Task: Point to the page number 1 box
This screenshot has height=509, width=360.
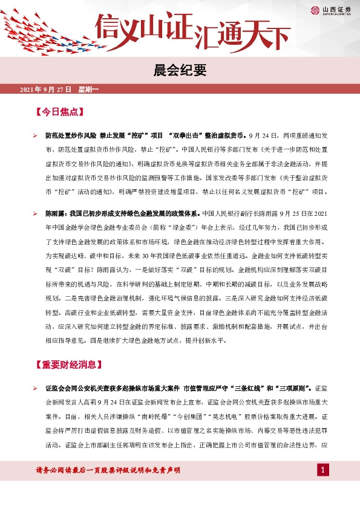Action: [323, 470]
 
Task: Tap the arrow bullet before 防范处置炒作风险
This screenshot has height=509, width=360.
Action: [35, 136]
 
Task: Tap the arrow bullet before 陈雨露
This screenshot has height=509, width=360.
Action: [35, 214]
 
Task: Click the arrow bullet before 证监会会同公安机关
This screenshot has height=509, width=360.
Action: [35, 387]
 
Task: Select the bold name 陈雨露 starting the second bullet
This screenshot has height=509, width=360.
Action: [56, 214]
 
